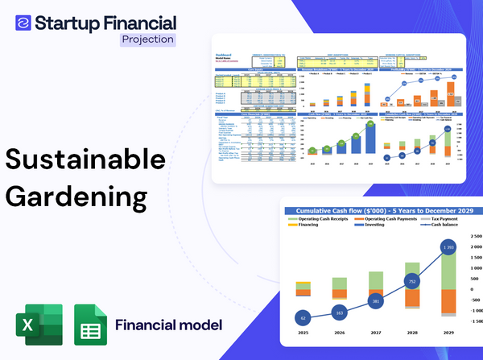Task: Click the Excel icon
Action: pos(39,325)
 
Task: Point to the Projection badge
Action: pos(147,39)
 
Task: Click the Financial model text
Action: pos(168,325)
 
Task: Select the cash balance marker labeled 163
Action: pos(338,312)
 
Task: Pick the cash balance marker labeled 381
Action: pos(375,301)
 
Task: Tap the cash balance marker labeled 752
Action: pos(411,282)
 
